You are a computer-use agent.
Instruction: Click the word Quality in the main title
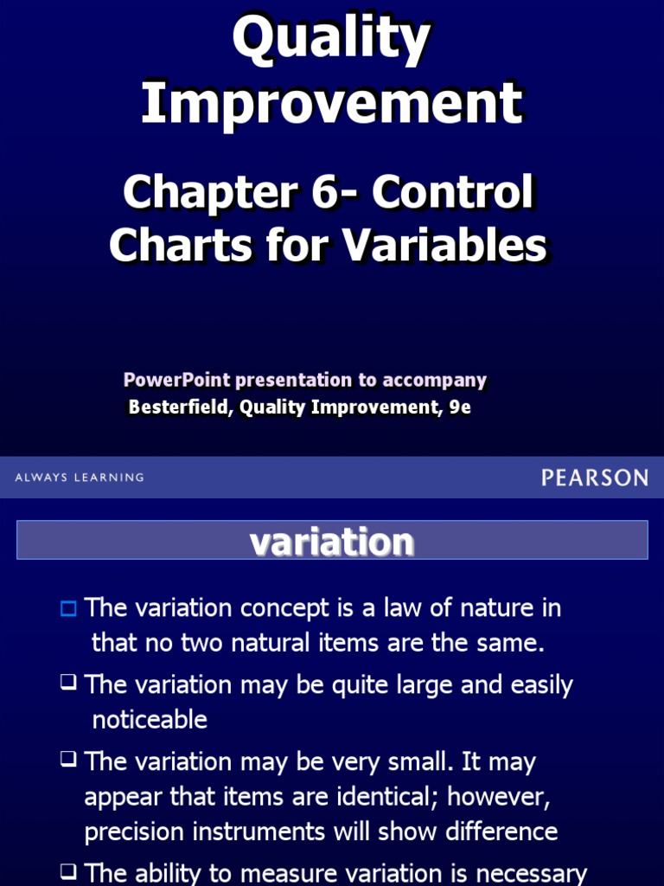[x=332, y=41]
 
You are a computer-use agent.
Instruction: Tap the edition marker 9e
[x=460, y=408]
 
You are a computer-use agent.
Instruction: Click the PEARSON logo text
[x=595, y=477]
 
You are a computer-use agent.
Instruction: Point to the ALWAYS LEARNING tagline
[x=80, y=478]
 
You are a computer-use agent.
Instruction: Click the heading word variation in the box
[x=332, y=542]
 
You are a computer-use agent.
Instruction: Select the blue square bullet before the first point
[x=68, y=608]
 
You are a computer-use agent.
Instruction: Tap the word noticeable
[x=150, y=720]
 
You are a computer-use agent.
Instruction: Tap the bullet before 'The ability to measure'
[x=68, y=873]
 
